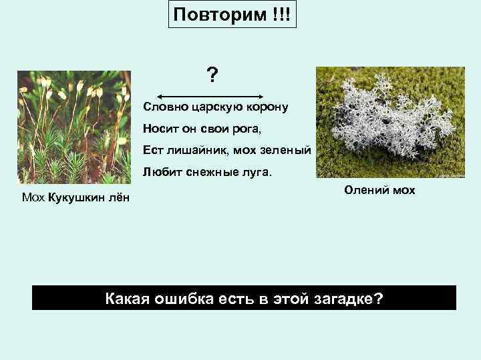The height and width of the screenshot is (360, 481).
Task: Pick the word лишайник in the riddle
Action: [x=192, y=151]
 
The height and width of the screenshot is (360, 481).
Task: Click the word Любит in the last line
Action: [x=158, y=173]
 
